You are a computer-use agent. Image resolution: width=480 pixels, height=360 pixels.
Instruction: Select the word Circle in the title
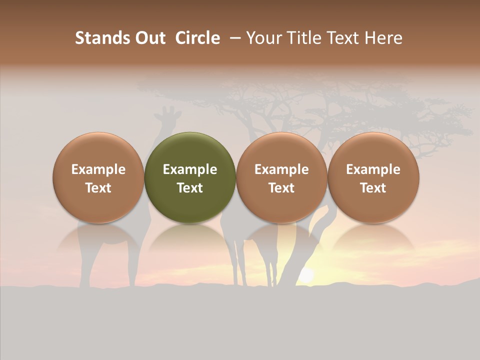[x=197, y=38]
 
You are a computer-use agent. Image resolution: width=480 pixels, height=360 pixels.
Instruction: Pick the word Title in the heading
[x=300, y=38]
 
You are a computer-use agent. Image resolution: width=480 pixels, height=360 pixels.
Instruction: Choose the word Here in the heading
[x=383, y=38]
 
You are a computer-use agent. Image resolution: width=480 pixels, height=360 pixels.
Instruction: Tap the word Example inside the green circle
[x=190, y=169]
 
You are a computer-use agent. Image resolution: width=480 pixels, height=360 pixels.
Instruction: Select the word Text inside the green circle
[x=190, y=188]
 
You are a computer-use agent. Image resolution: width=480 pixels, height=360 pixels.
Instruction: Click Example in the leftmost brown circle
[x=98, y=169]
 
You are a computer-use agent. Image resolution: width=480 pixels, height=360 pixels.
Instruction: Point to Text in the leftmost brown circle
[x=98, y=188]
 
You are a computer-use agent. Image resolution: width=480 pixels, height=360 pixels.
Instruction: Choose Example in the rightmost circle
[x=373, y=169]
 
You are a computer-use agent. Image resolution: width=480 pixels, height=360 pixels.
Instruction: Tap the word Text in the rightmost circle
[x=373, y=188]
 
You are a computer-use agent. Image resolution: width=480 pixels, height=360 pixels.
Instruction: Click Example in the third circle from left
[x=281, y=169]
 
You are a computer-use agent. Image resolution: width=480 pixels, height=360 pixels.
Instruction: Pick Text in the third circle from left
[x=281, y=188]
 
